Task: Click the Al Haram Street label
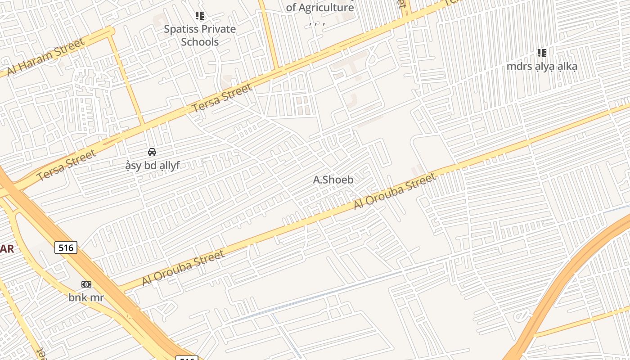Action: click(45, 58)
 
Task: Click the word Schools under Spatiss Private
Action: click(200, 42)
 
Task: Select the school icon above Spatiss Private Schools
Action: click(200, 16)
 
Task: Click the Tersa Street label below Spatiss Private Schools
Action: click(222, 99)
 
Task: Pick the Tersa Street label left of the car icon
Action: click(67, 166)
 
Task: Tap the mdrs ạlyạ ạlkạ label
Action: click(542, 66)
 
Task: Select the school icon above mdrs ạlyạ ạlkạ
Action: click(542, 53)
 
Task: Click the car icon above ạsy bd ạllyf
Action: click(152, 152)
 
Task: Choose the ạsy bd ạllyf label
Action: click(153, 166)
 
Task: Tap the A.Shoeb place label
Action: click(333, 180)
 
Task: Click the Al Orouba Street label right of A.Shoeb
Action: click(395, 191)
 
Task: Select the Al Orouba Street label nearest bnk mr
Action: click(183, 268)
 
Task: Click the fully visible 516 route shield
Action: click(66, 247)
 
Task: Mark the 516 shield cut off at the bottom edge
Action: click(186, 358)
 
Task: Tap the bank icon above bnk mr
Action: click(86, 284)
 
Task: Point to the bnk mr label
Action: click(86, 297)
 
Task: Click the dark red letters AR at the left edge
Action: click(7, 248)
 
